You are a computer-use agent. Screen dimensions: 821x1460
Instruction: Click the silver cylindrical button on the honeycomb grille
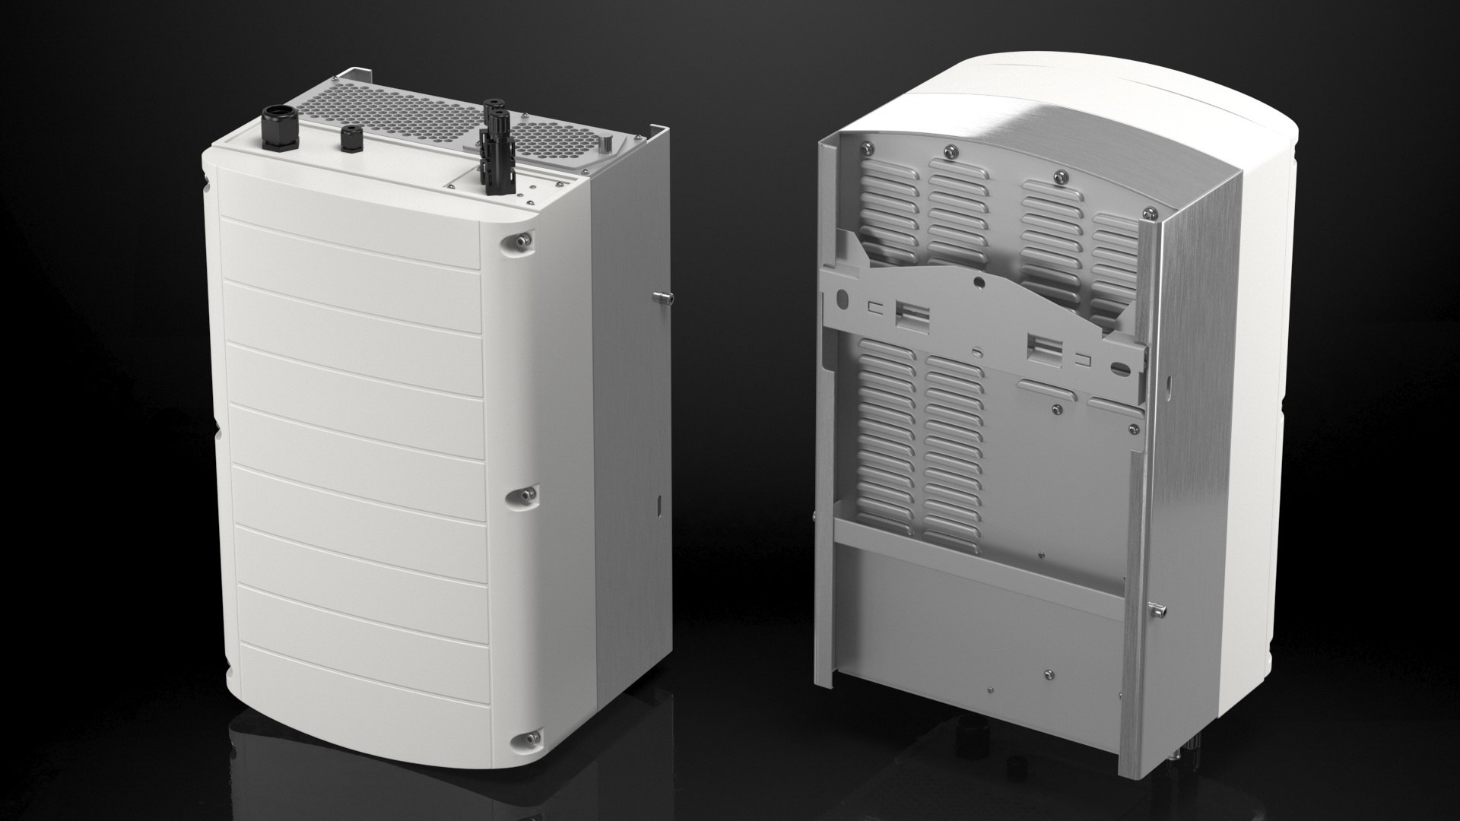(608, 144)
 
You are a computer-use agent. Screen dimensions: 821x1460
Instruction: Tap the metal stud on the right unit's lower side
(1157, 608)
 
